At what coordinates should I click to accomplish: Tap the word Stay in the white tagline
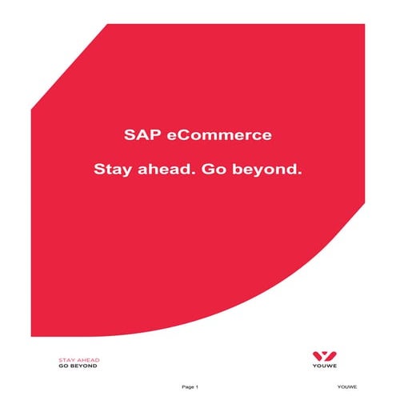coord(112,170)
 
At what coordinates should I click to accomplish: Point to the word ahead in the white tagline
coord(162,170)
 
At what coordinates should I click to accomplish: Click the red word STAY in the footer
coord(66,360)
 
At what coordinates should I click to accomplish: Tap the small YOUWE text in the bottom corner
coord(347,387)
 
